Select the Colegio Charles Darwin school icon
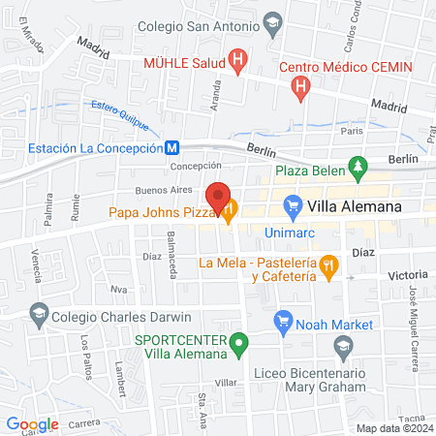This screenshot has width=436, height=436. click(38, 313)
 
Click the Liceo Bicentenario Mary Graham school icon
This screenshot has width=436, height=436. click(342, 346)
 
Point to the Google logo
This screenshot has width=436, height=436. click(32, 423)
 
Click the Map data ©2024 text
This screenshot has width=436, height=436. click(393, 428)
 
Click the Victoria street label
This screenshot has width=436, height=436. click(407, 275)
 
